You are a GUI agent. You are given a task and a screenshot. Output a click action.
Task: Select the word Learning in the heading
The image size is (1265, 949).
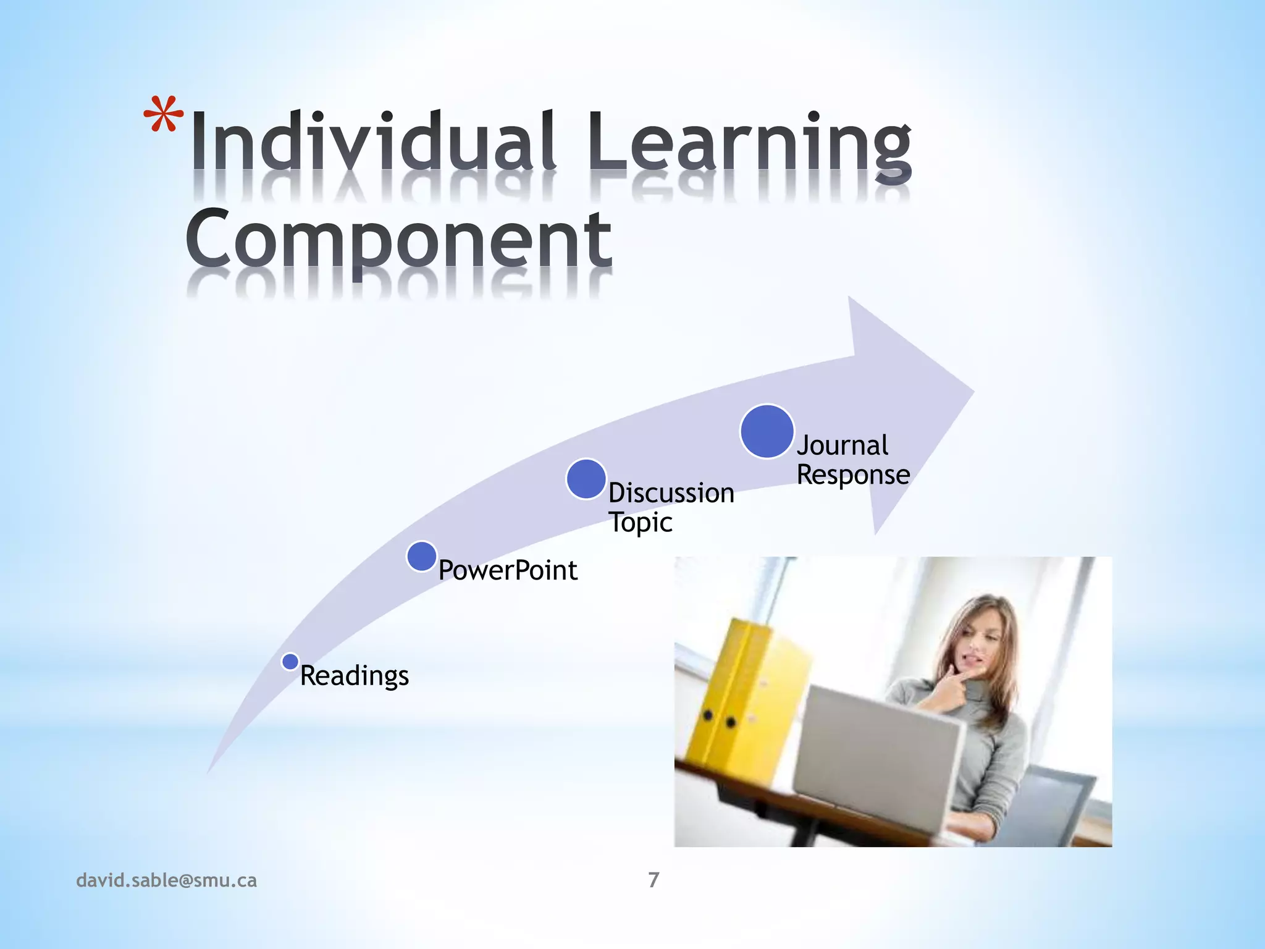click(x=749, y=143)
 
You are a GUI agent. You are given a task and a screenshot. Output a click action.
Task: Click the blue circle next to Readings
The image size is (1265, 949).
click(x=290, y=662)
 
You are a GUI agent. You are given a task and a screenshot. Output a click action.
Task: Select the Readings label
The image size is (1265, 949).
click(x=354, y=675)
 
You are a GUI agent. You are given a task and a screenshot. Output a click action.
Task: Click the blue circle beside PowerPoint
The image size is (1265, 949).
click(x=422, y=556)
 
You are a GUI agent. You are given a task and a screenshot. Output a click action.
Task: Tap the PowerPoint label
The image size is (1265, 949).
click(x=508, y=570)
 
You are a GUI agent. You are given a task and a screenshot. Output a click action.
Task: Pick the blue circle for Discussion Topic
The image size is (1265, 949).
click(x=586, y=479)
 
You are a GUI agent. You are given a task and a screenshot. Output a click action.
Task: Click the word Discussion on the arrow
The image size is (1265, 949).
click(x=671, y=493)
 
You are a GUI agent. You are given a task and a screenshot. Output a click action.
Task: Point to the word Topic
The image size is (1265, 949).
click(x=641, y=523)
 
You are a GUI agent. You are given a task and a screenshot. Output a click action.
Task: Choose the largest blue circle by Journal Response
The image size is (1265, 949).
click(x=767, y=431)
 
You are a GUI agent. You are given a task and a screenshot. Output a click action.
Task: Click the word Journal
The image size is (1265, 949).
click(x=843, y=445)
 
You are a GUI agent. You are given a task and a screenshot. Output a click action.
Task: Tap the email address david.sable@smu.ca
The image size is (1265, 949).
click(x=166, y=880)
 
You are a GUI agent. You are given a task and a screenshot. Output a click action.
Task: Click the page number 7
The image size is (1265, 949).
click(x=654, y=880)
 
